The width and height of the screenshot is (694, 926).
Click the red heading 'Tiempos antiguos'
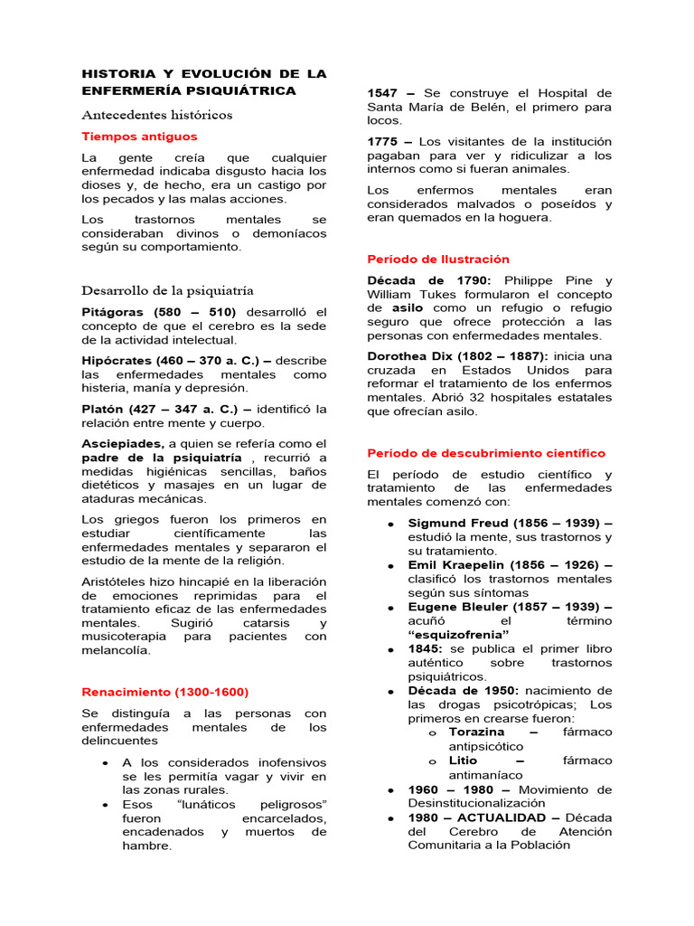click(139, 137)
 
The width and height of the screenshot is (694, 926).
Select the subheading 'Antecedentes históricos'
click(157, 115)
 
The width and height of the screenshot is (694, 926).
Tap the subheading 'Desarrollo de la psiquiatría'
click(167, 290)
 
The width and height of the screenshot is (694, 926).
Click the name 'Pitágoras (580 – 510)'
click(157, 311)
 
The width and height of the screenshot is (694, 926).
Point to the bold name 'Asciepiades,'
click(123, 443)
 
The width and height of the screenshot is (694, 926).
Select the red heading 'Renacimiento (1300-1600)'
click(164, 692)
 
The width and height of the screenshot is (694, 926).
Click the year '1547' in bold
click(384, 93)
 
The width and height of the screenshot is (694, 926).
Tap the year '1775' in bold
click(384, 141)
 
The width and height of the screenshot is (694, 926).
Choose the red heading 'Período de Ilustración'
click(438, 259)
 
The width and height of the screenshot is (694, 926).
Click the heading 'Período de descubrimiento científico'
click(486, 453)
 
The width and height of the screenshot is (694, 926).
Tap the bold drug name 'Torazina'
click(477, 732)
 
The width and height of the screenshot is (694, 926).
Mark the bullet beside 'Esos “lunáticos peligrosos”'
click(108, 805)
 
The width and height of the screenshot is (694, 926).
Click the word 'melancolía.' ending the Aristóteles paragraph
click(117, 650)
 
